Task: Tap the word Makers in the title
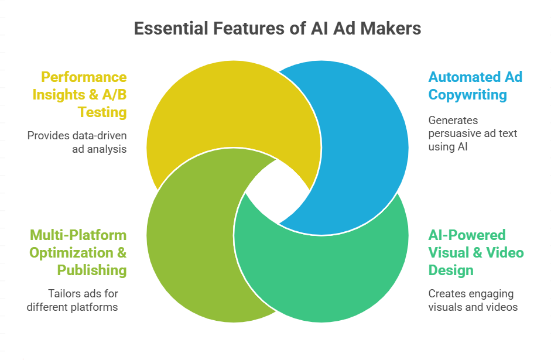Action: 392,28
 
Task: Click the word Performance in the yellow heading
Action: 84,77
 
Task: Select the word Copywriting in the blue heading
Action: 467,95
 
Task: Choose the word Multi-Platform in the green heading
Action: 78,235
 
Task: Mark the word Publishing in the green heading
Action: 91,270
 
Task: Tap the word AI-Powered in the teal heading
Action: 458,235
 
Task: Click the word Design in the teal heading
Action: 450,270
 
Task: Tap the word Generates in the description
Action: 453,121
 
